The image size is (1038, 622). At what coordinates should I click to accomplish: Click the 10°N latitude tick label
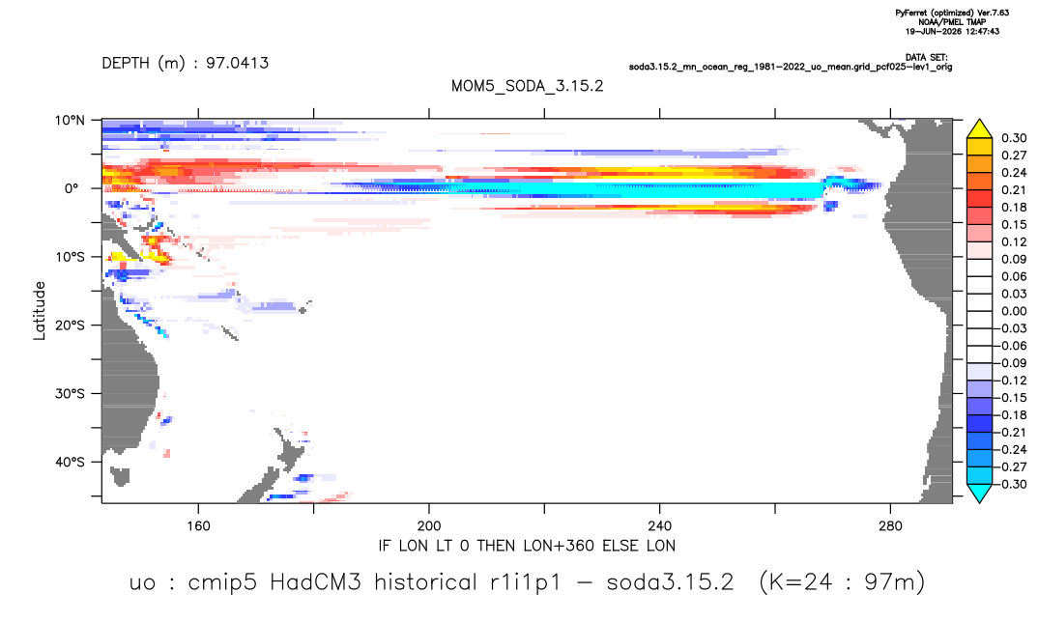[x=70, y=121]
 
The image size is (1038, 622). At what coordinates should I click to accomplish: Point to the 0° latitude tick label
[x=72, y=188]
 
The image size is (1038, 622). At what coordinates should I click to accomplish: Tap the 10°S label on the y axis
[x=70, y=257]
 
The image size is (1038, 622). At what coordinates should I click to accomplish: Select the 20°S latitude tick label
[x=70, y=325]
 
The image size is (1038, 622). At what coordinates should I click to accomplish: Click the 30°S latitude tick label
[x=70, y=394]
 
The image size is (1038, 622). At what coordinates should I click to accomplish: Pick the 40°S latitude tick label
[x=70, y=462]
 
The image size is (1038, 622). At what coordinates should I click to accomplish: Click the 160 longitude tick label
[x=198, y=526]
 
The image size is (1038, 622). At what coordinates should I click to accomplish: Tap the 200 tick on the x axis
[x=429, y=526]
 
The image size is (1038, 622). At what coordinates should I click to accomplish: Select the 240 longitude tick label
[x=660, y=526]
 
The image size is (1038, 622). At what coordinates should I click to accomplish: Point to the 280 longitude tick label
[x=890, y=526]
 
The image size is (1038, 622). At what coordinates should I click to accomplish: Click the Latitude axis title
[x=40, y=311]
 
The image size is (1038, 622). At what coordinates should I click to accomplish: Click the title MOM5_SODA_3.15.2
[x=527, y=87]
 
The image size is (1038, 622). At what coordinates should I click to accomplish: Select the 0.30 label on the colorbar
[x=1014, y=138]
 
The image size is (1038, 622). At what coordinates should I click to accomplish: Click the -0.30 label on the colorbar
[x=1010, y=484]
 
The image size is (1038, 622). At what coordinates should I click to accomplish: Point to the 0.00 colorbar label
[x=1014, y=311]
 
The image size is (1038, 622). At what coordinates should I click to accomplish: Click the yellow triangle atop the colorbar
[x=979, y=129]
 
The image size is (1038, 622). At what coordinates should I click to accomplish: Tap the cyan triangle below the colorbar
[x=979, y=493]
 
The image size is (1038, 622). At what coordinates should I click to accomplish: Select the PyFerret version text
[x=952, y=13]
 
